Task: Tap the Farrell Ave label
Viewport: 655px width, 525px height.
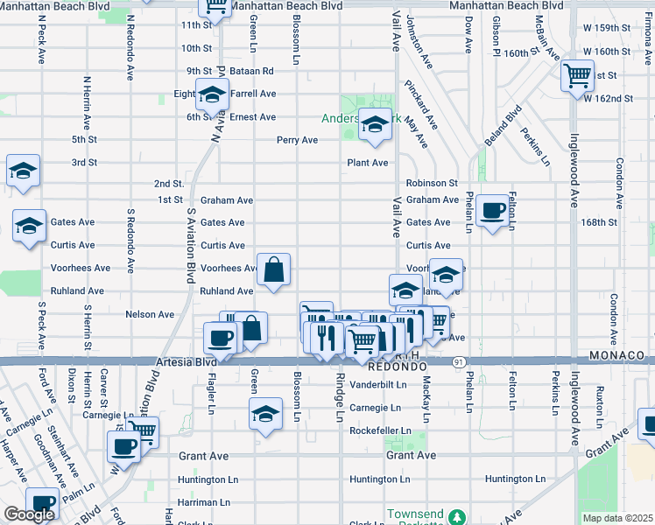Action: [x=254, y=94]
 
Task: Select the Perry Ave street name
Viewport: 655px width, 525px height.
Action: [x=297, y=140]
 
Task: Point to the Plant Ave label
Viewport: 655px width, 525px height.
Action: [x=367, y=163]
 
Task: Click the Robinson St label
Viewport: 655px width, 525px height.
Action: [x=432, y=184]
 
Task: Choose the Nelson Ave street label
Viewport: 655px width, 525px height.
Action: [x=150, y=314]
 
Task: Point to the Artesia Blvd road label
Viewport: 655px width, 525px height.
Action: [x=186, y=361]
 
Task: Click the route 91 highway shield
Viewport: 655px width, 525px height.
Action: [x=460, y=360]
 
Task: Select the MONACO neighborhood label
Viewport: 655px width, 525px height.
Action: [x=616, y=356]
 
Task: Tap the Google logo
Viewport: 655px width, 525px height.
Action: [x=29, y=514]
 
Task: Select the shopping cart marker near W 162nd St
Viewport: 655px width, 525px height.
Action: [x=577, y=76]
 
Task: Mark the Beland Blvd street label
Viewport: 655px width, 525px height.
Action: [x=505, y=125]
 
